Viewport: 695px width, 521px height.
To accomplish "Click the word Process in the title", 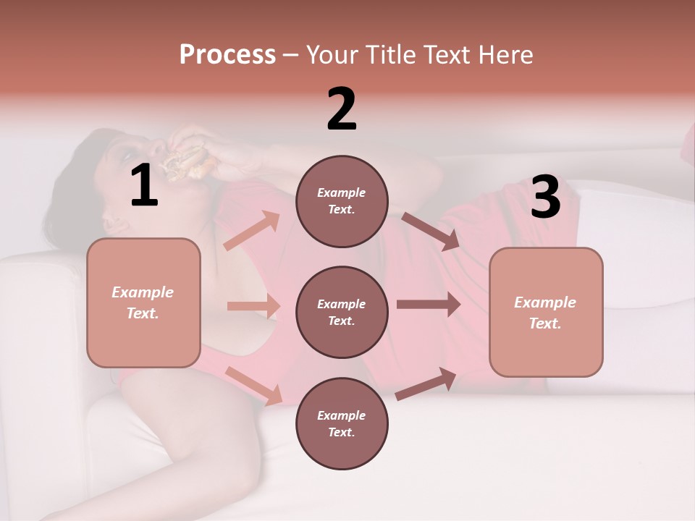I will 227,55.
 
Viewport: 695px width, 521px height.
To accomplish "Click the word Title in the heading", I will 390,55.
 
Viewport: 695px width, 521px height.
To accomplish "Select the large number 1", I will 144,186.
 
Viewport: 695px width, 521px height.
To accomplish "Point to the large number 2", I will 342,109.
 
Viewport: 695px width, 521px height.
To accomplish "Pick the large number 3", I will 545,198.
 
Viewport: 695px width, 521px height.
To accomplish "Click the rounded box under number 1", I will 143,302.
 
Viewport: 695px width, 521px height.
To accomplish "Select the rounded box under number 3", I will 546,313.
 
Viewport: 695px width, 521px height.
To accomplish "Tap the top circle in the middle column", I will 342,201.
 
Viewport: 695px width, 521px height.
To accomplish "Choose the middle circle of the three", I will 342,312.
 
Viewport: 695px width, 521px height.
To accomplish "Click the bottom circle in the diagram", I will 342,423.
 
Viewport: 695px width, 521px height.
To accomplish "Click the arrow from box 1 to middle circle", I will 253,306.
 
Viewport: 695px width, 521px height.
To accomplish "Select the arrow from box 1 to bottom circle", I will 253,385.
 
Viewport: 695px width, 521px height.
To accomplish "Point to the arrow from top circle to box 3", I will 430,232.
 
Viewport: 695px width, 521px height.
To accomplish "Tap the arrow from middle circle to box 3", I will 429,305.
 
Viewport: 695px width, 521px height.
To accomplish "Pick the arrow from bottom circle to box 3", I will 426,384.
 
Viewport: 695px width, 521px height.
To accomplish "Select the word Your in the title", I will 332,55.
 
